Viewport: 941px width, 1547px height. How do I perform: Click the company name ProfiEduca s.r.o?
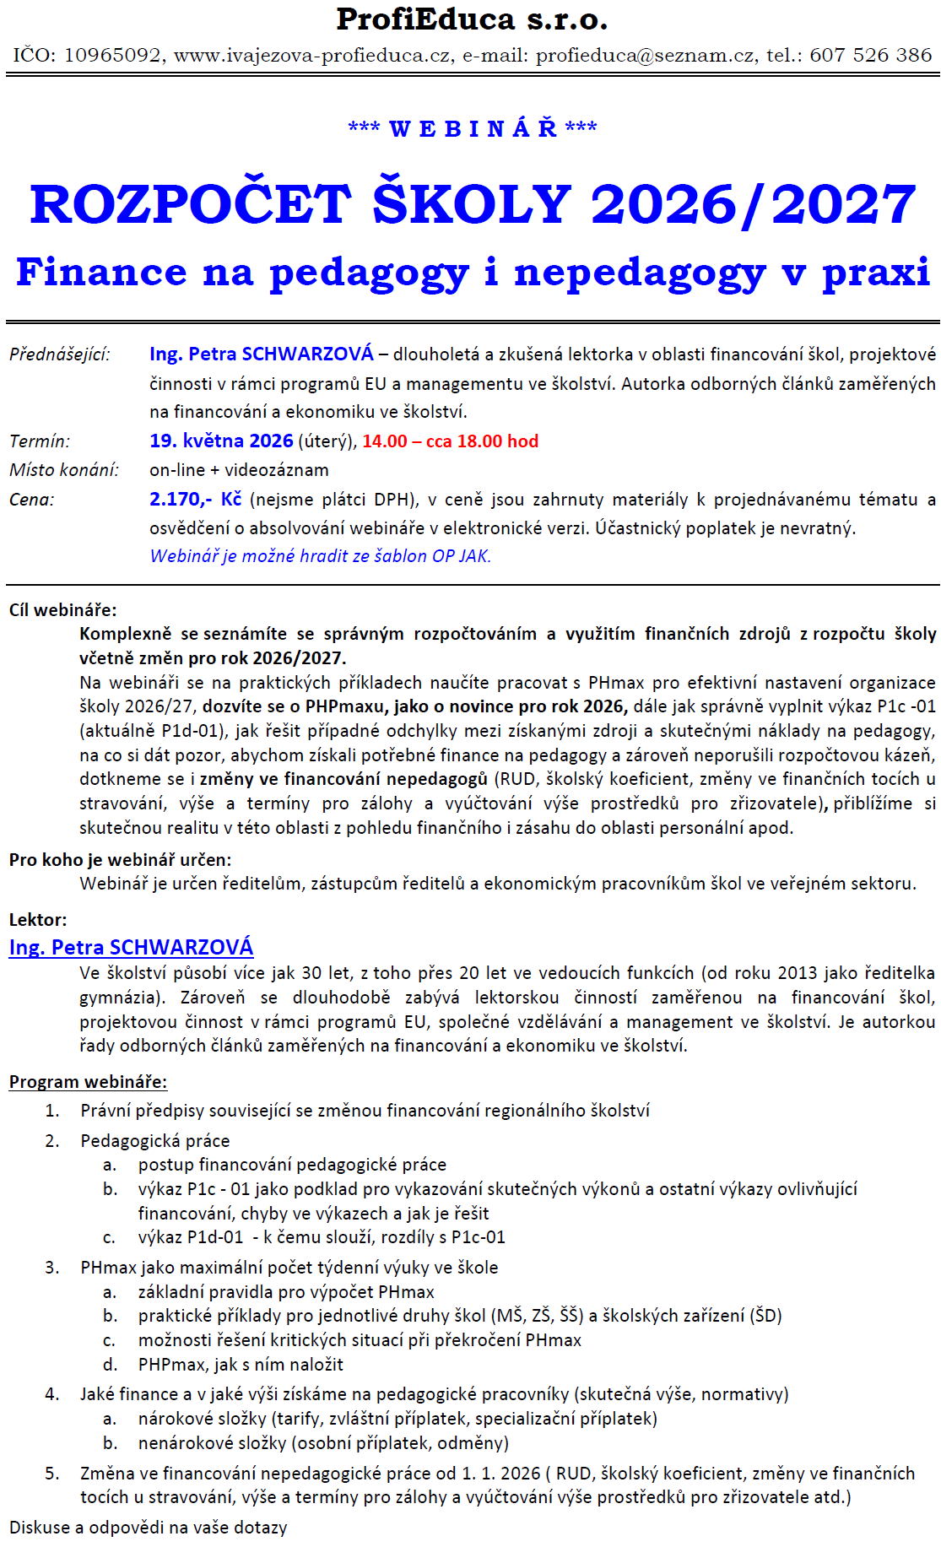point(471,19)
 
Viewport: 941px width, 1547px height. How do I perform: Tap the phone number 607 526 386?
point(870,56)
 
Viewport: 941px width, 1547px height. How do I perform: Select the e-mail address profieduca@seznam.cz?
point(646,56)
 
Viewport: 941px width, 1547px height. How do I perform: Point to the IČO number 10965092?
point(112,56)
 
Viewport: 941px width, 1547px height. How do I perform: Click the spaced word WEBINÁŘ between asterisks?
point(473,129)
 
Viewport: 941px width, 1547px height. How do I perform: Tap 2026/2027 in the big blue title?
point(753,205)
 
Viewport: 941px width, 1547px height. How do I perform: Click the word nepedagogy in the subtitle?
point(640,273)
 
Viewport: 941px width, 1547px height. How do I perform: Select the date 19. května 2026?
point(221,441)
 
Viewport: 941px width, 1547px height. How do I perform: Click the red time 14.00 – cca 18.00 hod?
point(450,441)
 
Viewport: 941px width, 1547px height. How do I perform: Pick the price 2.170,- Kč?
point(195,500)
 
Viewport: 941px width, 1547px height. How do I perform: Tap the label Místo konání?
point(64,470)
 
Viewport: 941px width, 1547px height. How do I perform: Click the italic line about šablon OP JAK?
point(320,556)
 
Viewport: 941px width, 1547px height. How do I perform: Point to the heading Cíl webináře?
point(63,610)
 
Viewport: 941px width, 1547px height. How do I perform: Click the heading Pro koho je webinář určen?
point(120,860)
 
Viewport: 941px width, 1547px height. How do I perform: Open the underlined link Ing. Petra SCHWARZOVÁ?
point(131,948)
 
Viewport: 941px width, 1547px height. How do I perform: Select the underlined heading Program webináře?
point(88,1082)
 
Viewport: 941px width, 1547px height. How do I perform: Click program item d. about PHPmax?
point(241,1365)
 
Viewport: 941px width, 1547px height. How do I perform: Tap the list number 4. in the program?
point(52,1394)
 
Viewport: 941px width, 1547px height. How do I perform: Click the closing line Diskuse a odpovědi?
point(148,1528)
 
